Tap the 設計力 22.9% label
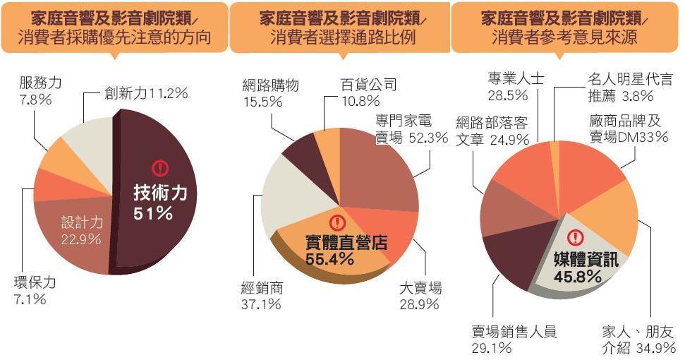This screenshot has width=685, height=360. coord(81,230)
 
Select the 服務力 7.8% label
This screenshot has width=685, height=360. coord(40,91)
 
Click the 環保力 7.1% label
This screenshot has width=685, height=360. coord(35,291)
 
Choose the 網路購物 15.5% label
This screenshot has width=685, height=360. coord(269,93)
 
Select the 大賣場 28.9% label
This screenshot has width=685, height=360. coord(420,296)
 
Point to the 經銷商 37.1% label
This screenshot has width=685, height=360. coord(262,296)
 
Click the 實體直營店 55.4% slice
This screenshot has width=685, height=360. coord(346,251)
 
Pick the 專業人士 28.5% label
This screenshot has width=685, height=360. coord(516,86)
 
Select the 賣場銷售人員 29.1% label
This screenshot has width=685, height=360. coord(514,339)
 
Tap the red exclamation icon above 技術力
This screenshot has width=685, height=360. coord(160,168)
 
